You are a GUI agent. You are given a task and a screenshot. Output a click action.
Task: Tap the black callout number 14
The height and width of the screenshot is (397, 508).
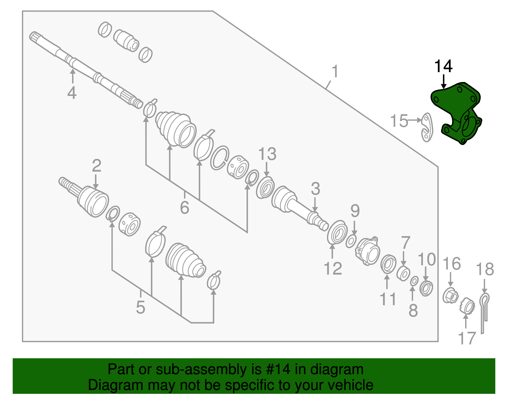pos(443,66)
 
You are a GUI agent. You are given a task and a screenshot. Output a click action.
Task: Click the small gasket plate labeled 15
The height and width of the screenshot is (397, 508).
pos(427,127)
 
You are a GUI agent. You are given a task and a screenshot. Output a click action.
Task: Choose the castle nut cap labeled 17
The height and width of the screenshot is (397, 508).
pos(467,306)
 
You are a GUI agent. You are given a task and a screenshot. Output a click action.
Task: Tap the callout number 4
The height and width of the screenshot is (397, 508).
pos(72,93)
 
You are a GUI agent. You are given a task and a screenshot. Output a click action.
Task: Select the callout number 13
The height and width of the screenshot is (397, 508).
pos(267,154)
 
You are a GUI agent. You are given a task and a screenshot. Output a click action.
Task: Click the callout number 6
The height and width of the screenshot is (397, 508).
pos(184,208)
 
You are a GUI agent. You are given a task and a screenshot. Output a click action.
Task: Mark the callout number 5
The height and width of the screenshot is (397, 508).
pos(140,307)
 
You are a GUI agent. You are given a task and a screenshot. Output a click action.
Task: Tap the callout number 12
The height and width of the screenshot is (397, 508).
pos(333,269)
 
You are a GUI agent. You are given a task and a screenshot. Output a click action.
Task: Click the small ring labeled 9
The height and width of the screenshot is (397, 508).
pos(351,241)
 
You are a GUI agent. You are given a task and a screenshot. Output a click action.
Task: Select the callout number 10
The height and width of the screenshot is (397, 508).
pos(426,260)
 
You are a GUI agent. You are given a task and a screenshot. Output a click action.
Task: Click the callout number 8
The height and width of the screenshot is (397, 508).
pos(413,311)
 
